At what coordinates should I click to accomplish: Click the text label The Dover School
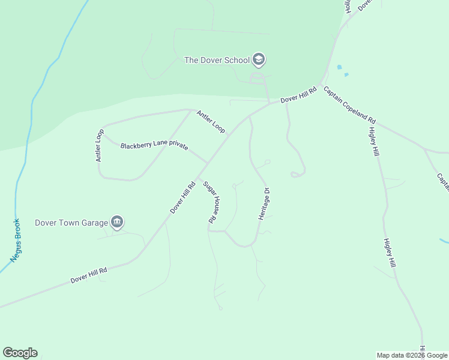pyautogui.click(x=217, y=60)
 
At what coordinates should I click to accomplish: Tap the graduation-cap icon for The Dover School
pyautogui.click(x=259, y=59)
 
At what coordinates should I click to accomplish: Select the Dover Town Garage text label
pyautogui.click(x=71, y=223)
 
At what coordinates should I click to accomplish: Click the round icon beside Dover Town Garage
pyautogui.click(x=117, y=223)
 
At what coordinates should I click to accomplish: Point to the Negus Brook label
pyautogui.click(x=16, y=240)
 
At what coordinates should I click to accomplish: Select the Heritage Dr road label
pyautogui.click(x=264, y=203)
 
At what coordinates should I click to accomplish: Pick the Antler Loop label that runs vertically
pyautogui.click(x=100, y=145)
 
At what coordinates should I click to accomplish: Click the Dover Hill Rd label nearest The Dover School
pyautogui.click(x=298, y=96)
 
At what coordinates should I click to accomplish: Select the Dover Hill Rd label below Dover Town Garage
pyautogui.click(x=88, y=275)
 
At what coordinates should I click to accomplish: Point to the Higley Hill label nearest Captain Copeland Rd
pyautogui.click(x=375, y=142)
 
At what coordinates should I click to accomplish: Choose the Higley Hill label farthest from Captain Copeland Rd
pyautogui.click(x=390, y=253)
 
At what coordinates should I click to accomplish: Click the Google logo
pyautogui.click(x=20, y=353)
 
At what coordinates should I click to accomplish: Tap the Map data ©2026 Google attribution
pyautogui.click(x=412, y=355)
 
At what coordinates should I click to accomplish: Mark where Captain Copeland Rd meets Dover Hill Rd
pyautogui.click(x=322, y=83)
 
